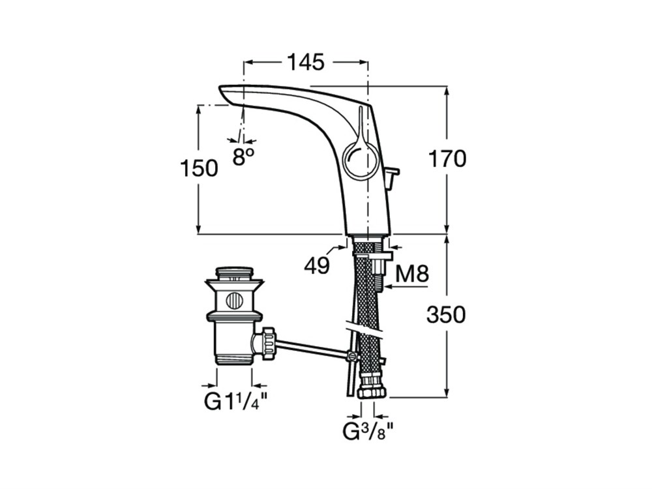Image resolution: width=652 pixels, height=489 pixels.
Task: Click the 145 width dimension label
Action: point(306,63)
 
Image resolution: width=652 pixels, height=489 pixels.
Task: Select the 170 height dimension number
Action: point(447,159)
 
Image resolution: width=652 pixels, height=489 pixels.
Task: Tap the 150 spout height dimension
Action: point(199,168)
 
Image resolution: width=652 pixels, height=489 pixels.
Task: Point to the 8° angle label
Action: point(243,156)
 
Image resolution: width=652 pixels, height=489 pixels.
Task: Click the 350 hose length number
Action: point(446,315)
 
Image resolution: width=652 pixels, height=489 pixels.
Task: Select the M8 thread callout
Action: point(411,274)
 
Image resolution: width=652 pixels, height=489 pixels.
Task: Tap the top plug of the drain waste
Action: point(235,273)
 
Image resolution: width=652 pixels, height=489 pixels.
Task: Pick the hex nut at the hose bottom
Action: point(372,391)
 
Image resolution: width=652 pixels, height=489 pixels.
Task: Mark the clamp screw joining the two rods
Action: point(353,357)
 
